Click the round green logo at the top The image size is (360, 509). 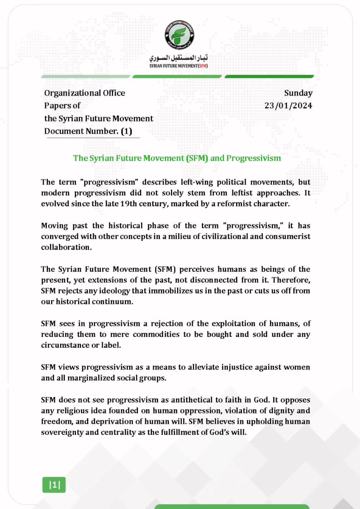coord(180,35)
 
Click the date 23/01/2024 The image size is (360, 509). coord(288,105)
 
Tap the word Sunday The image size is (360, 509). coord(298,93)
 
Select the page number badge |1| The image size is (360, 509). coord(54,485)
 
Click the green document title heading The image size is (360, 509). coord(177,158)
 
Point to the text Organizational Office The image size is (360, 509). coord(84,93)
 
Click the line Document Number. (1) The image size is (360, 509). coord(88,131)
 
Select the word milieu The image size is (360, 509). coord(207,236)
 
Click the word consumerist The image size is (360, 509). coord(288,236)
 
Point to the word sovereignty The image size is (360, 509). coord(63,432)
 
